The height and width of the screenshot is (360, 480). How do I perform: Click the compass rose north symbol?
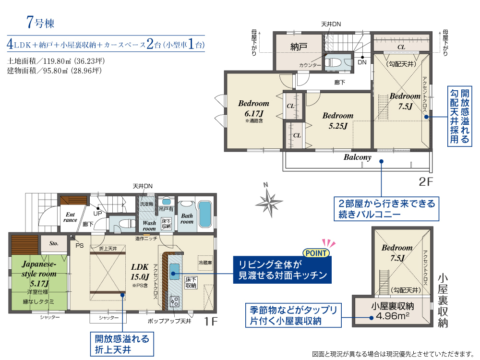coord(268,201)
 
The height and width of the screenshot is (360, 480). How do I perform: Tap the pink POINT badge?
coord(316,253)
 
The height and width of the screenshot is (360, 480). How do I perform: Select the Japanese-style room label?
coord(39,274)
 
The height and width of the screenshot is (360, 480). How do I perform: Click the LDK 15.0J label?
coord(140,272)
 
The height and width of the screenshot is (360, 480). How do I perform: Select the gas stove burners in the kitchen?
coord(175,301)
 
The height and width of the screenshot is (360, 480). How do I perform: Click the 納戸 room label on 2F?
coord(299,47)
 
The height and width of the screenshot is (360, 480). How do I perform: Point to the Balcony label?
coord(357,157)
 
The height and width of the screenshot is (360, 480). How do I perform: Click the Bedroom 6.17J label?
coord(254,108)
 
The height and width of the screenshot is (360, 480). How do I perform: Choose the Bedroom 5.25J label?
coord(338,120)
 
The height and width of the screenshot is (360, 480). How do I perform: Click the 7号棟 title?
coord(40,23)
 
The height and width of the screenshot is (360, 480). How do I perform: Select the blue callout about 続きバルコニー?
coord(386,209)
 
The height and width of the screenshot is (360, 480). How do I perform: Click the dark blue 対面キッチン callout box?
coord(282,270)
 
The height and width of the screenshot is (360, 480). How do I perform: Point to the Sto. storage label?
coord(54,243)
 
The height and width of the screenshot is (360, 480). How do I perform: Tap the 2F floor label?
coord(426,182)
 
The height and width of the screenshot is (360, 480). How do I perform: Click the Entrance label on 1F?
coord(70,217)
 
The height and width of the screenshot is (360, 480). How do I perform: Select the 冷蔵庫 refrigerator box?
coord(205,263)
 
